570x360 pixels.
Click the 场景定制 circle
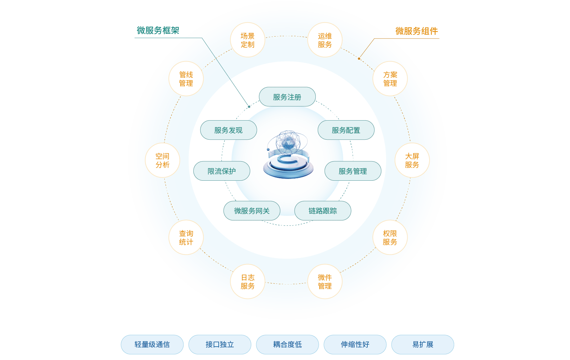[x=247, y=40]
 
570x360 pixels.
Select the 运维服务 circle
[x=325, y=40]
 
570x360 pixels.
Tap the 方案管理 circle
[x=390, y=79]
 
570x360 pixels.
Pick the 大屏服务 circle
[x=412, y=160]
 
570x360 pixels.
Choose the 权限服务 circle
[x=390, y=237]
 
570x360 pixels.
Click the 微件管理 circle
[x=325, y=281]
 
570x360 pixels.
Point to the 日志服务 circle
[x=247, y=281]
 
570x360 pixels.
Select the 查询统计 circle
[x=186, y=237]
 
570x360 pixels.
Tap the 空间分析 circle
[x=162, y=160]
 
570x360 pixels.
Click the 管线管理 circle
[x=186, y=79]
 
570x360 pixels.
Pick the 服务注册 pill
[x=287, y=97]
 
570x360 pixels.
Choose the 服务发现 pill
[x=228, y=130]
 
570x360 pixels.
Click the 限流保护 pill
[x=221, y=171]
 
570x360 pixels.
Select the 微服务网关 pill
[x=252, y=211]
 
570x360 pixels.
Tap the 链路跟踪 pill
[x=323, y=211]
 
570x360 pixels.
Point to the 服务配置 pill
[x=346, y=130]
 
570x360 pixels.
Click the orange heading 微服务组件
[x=417, y=31]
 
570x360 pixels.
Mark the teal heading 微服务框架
[x=158, y=30]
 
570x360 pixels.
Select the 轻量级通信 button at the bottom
[x=152, y=344]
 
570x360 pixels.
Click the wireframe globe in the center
[x=288, y=142]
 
